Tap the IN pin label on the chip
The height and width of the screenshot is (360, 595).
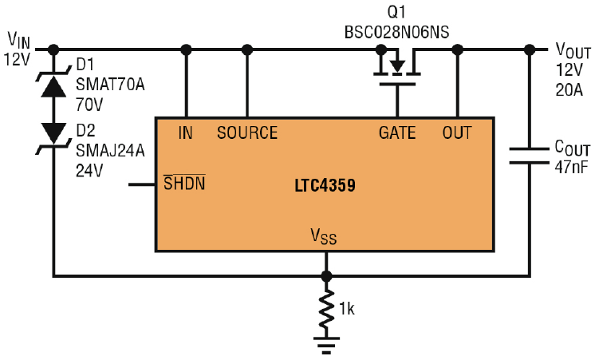(x=186, y=133)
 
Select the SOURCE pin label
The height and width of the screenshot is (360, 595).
(x=247, y=133)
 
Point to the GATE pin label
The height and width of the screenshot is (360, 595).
(x=397, y=133)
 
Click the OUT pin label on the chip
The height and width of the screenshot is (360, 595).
(x=457, y=133)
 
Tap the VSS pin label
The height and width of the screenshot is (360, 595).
(x=325, y=236)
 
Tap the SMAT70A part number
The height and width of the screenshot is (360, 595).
(x=109, y=86)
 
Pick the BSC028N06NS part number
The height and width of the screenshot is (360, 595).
(x=396, y=33)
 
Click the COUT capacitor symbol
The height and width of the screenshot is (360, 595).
(x=527, y=156)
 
